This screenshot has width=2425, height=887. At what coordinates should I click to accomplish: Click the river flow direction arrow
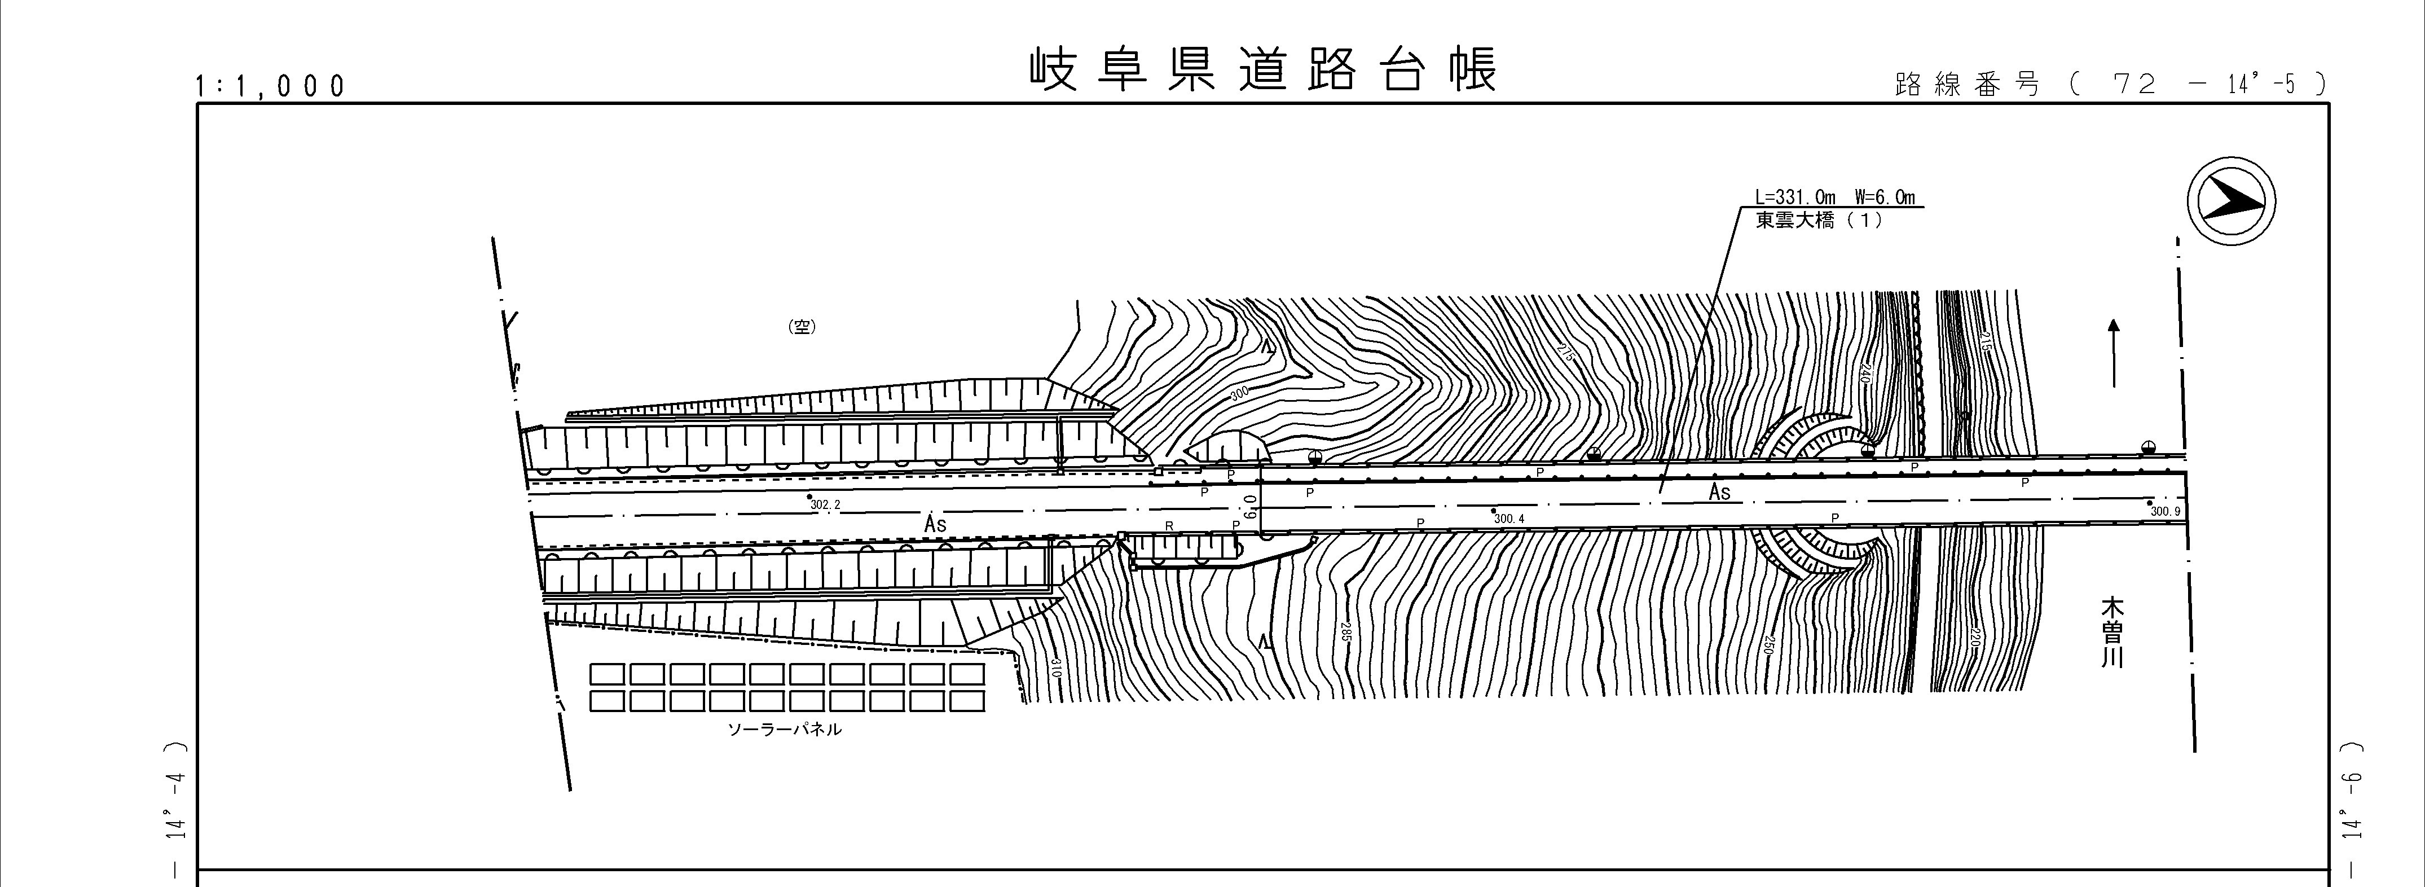(x=2114, y=353)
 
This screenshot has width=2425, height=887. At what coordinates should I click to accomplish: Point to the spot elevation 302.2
(x=825, y=504)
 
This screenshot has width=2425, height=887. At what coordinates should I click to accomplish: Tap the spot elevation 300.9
(x=2165, y=511)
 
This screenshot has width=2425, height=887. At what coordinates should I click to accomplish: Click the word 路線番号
(x=1966, y=85)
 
